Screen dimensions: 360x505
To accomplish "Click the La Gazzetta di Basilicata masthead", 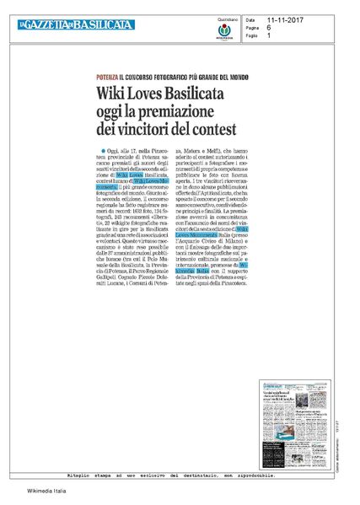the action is (x=76, y=25).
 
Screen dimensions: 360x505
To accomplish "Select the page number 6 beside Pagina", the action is (x=270, y=27).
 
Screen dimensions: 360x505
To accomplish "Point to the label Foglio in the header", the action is (x=251, y=35).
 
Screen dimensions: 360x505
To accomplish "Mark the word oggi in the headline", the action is (x=121, y=109).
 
